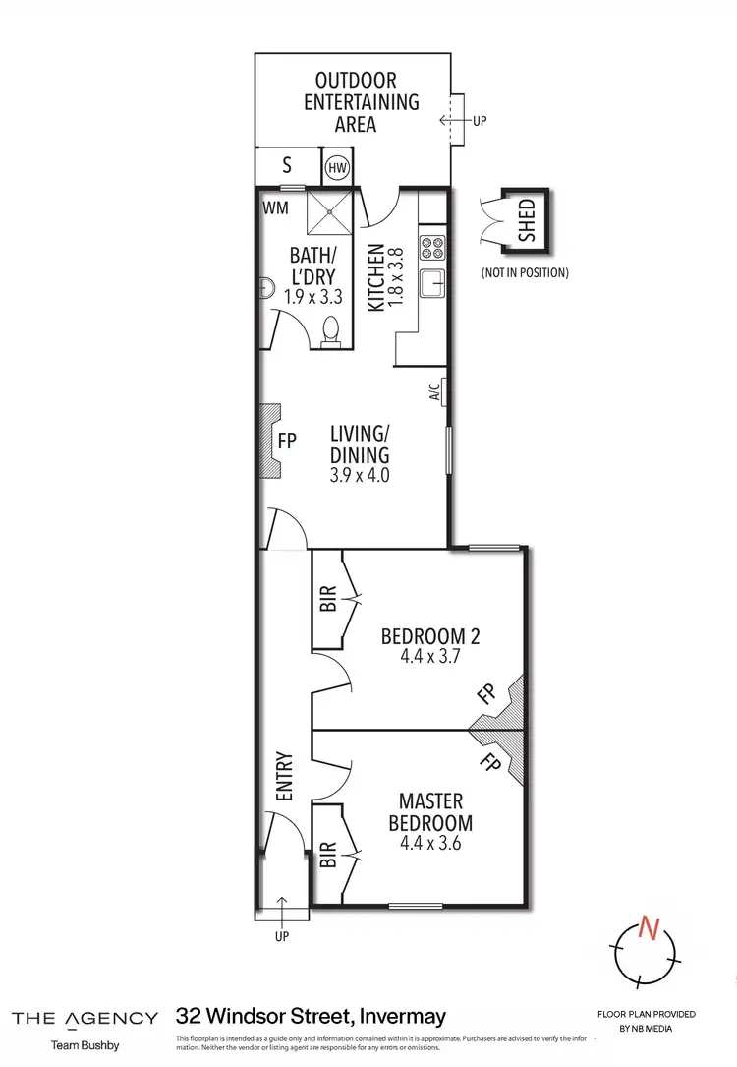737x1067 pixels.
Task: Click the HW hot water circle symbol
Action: [x=337, y=166]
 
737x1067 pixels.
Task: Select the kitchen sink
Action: [x=432, y=284]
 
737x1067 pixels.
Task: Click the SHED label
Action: [x=527, y=220]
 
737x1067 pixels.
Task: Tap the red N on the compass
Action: [x=647, y=925]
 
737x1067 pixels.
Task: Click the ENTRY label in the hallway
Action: [x=285, y=777]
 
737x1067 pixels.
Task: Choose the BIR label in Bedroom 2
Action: [x=328, y=598]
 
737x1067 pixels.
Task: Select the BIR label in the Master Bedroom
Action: [x=328, y=855]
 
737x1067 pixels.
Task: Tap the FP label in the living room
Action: [x=287, y=442]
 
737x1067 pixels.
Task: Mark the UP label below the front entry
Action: [x=282, y=936]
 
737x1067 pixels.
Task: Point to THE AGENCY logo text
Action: [x=85, y=1018]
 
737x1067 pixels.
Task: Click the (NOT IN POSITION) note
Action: [x=524, y=272]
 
